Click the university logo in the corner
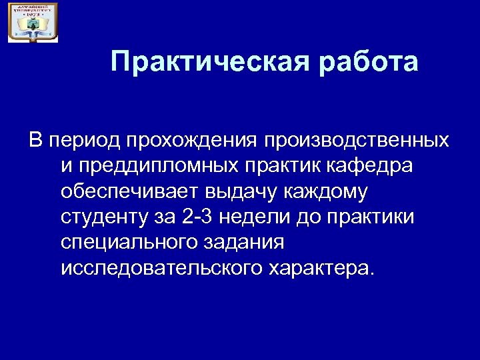tap(33, 22)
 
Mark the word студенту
tap(101, 217)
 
